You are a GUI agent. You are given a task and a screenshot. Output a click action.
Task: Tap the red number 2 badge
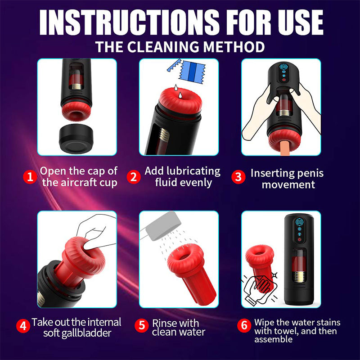tap(133, 177)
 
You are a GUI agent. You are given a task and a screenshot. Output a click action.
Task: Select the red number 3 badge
tap(238, 177)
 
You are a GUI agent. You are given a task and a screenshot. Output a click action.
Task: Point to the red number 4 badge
tap(23, 325)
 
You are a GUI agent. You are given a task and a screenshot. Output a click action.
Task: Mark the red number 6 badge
tap(244, 325)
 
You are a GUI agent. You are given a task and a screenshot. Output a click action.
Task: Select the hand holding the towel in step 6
tap(259, 288)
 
